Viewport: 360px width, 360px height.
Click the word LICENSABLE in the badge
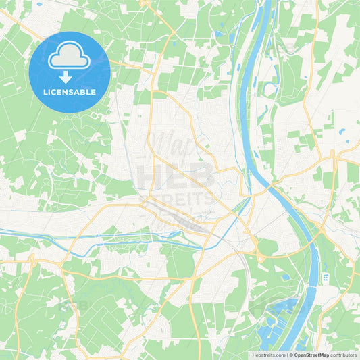(x=70, y=92)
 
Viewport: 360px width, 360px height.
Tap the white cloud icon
(x=70, y=57)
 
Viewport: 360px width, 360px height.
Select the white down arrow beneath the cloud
(x=66, y=77)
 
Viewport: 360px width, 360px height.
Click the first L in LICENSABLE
(x=45, y=92)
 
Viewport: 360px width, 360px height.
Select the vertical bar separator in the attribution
(x=288, y=355)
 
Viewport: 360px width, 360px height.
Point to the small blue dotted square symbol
(x=325, y=278)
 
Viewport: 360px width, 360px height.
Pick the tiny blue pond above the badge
(x=38, y=4)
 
